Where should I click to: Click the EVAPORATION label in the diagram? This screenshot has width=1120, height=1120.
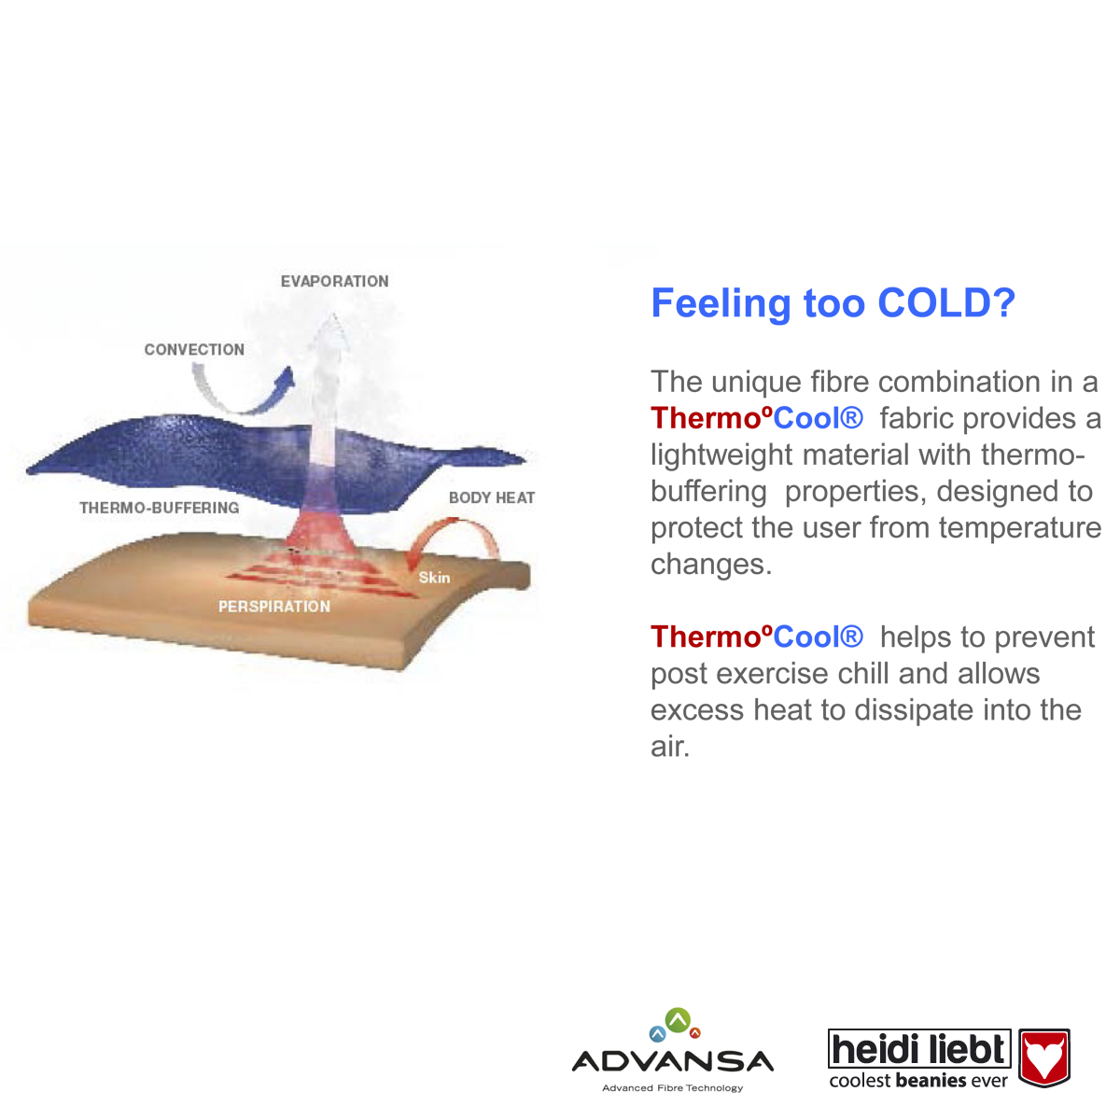[x=334, y=281]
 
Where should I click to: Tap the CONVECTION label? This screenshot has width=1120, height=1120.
[x=194, y=349]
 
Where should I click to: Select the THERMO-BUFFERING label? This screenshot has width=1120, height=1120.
[x=160, y=508]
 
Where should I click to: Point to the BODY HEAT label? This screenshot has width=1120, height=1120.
[x=492, y=497]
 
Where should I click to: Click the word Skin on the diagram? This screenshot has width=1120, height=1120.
[x=434, y=577]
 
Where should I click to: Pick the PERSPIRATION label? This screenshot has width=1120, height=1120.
[x=274, y=607]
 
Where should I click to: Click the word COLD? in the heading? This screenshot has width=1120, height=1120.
[x=946, y=302]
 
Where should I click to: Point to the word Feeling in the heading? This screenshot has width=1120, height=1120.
[x=721, y=304]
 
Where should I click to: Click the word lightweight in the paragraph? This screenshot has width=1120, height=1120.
[x=721, y=455]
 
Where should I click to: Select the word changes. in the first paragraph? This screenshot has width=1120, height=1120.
[x=711, y=564]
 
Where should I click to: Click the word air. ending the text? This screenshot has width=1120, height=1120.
[x=670, y=747]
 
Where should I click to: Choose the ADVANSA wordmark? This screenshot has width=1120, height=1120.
[x=673, y=1061]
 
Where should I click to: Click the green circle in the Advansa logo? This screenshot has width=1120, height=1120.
[x=678, y=1021]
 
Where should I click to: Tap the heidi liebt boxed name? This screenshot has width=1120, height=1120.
[x=919, y=1048]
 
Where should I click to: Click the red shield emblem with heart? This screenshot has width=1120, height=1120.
[x=1044, y=1057]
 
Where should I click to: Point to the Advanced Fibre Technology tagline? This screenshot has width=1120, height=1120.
[x=672, y=1088]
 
